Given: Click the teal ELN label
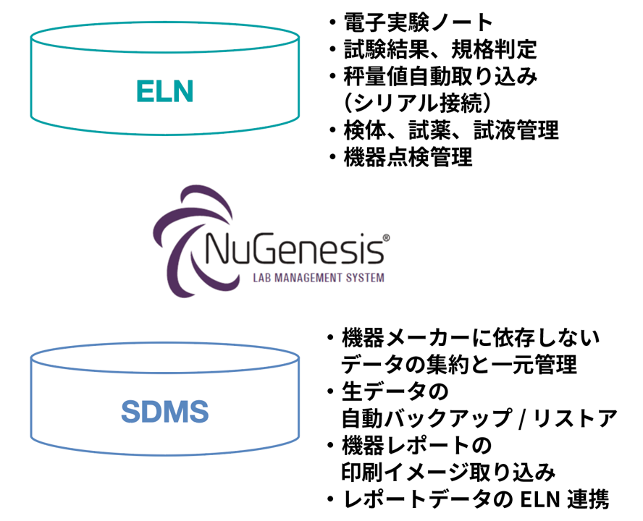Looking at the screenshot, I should (164, 92).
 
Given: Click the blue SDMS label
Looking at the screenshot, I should (164, 411).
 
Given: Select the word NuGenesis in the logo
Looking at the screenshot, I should (293, 249).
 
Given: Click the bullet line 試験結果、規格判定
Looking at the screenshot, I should (440, 50).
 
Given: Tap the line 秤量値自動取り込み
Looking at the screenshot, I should (440, 77).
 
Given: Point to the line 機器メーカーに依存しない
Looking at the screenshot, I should (471, 337).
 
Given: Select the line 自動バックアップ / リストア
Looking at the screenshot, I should (479, 418).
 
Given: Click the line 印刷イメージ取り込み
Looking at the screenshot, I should (448, 472).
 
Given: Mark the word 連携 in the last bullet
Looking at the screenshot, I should (587, 499).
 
